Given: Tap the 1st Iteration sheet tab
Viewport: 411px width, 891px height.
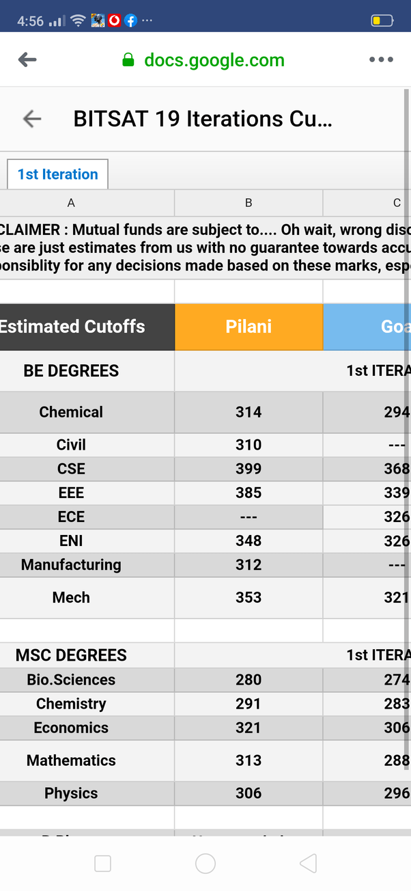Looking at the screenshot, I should pyautogui.click(x=58, y=174).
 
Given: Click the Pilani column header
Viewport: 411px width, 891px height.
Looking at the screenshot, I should pyautogui.click(x=249, y=327).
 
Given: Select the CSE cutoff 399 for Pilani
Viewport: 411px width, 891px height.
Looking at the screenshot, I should pyautogui.click(x=249, y=469).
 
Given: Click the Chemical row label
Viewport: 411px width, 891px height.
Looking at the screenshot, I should pyautogui.click(x=71, y=412).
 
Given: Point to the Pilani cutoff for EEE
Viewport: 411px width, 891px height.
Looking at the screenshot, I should pyautogui.click(x=249, y=493).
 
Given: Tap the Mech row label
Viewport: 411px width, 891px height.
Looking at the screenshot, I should pyautogui.click(x=71, y=597).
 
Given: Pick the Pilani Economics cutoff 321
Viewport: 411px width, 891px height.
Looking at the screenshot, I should pyautogui.click(x=249, y=728).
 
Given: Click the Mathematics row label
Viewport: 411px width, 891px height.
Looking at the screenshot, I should pyautogui.click(x=71, y=760).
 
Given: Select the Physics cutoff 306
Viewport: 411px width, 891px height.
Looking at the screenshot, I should pyautogui.click(x=249, y=793).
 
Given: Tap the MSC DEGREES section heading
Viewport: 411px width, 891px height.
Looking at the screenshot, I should pyautogui.click(x=71, y=655).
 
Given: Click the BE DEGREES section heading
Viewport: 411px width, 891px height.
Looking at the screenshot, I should pyautogui.click(x=71, y=371).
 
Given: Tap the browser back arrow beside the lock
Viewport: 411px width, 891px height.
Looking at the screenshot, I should pyautogui.click(x=27, y=59).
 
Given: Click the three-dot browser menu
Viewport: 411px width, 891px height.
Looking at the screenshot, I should pyautogui.click(x=381, y=59).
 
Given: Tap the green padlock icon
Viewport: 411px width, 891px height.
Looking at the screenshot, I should pyautogui.click(x=128, y=60).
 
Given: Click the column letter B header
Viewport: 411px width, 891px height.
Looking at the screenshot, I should pyautogui.click(x=249, y=202).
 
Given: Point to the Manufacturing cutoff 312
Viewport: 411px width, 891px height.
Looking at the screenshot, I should pyautogui.click(x=249, y=564).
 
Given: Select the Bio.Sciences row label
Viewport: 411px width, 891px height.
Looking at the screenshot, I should pyautogui.click(x=71, y=680).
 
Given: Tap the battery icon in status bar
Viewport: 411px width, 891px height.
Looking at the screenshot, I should pyautogui.click(x=382, y=20).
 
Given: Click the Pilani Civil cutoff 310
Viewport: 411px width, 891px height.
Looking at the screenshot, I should pyautogui.click(x=249, y=445).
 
